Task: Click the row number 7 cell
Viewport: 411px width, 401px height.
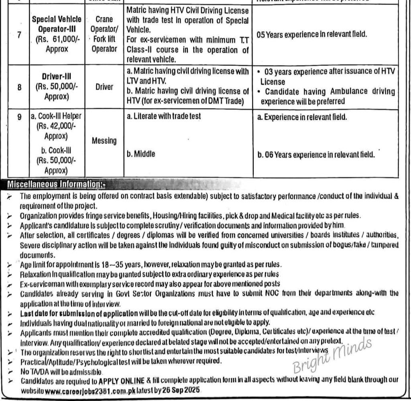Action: (19, 35)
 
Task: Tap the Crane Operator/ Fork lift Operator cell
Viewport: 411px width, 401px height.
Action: (104, 35)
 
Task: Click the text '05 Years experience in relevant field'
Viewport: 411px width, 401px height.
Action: (311, 35)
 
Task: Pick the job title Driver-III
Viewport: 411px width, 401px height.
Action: (56, 76)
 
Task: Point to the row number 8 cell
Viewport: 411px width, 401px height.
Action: (19, 87)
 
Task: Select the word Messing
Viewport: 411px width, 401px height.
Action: (104, 141)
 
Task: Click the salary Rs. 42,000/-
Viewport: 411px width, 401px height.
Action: (56, 126)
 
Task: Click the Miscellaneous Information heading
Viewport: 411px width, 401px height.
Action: (56, 185)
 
